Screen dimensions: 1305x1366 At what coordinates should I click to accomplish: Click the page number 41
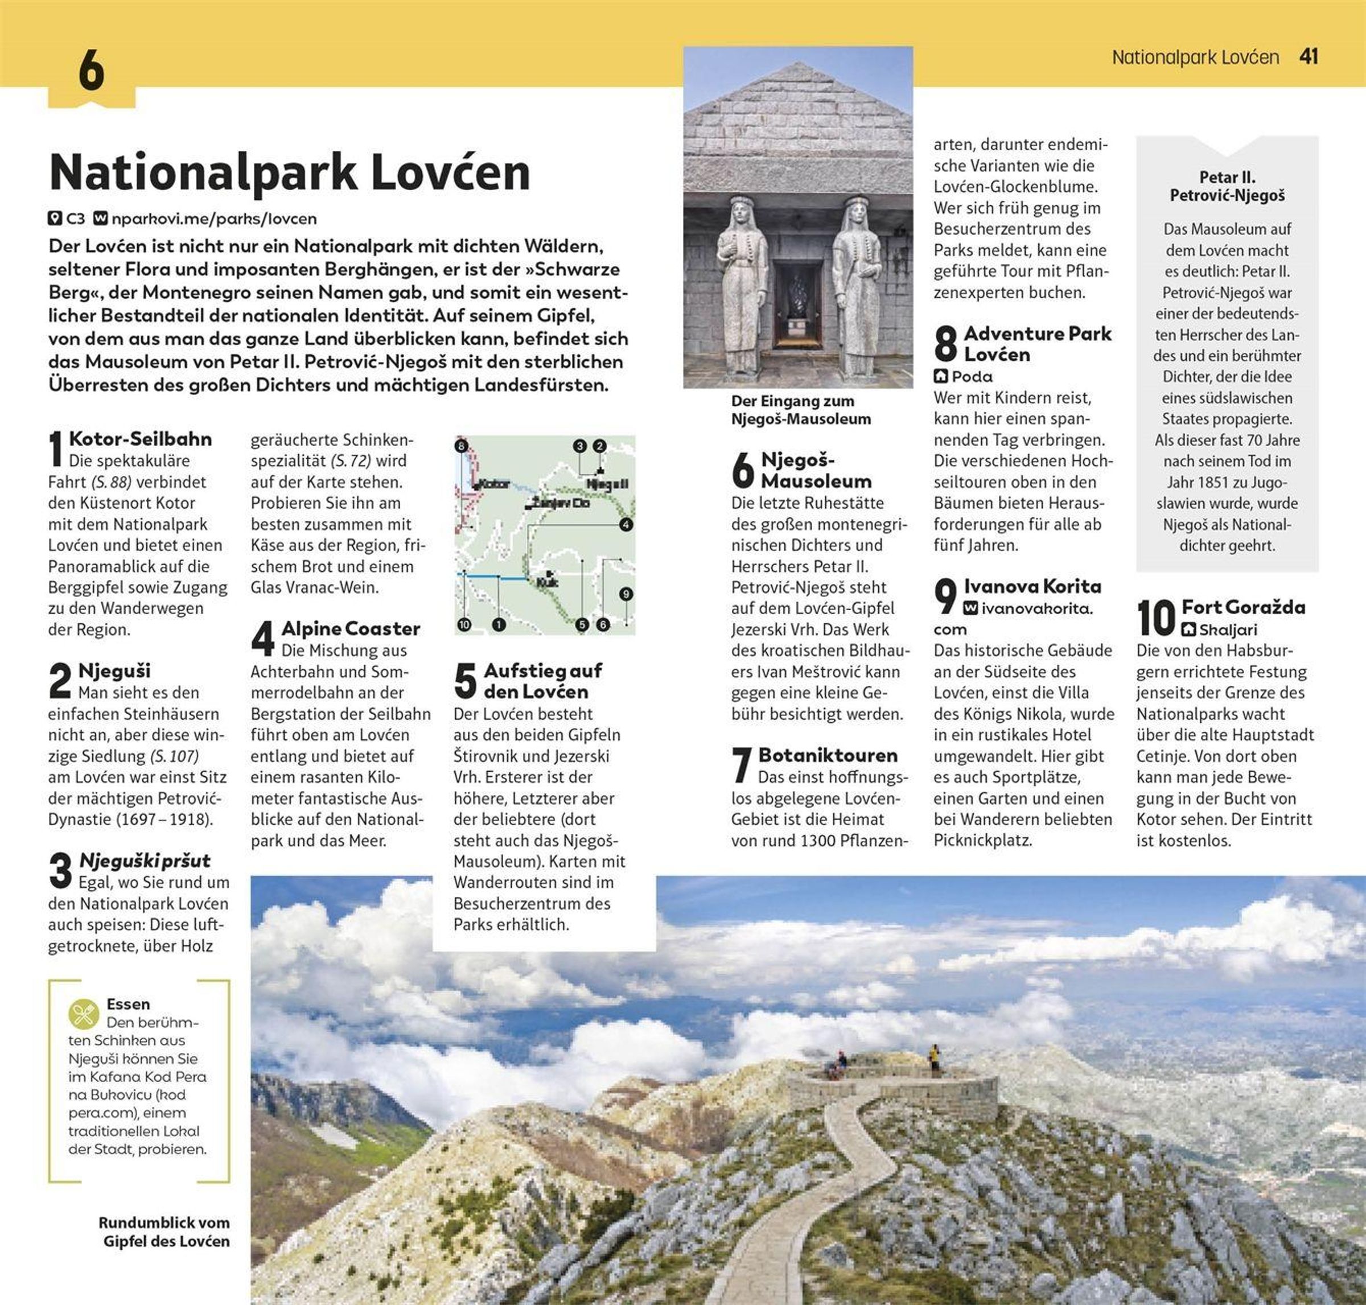(1309, 57)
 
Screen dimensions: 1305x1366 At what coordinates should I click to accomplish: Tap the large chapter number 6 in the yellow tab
(92, 70)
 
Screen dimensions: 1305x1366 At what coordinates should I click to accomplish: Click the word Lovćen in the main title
(450, 172)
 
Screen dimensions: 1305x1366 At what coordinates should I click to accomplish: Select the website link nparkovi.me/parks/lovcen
(213, 219)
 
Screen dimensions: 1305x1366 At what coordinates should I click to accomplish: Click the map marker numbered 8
(461, 446)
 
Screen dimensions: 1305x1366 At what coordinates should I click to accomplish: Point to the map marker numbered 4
(626, 525)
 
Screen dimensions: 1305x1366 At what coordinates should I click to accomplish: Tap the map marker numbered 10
(464, 625)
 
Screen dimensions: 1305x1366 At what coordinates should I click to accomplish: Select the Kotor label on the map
(495, 483)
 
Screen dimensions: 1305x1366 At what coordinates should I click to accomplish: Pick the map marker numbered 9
(626, 594)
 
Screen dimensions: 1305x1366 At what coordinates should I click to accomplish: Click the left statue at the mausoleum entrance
(742, 285)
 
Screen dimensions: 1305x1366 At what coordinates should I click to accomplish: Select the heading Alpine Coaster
(351, 629)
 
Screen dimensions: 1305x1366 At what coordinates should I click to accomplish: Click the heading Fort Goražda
(1243, 607)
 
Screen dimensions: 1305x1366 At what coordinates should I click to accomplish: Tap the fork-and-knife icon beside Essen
(84, 1014)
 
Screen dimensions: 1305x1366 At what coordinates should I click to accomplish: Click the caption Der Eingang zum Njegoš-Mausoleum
(801, 410)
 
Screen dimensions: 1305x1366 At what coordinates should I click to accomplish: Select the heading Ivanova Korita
(1032, 586)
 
